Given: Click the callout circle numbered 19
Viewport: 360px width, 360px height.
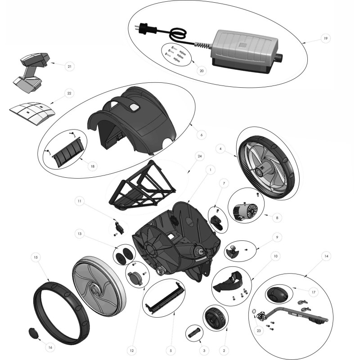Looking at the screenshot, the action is click(325, 38).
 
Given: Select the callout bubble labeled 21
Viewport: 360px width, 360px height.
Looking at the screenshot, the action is click(70, 66).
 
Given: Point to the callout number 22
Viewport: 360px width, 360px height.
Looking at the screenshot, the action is click(69, 93).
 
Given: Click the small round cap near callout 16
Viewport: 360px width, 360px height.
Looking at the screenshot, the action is click(33, 333).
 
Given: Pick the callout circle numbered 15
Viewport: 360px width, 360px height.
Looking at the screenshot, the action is click(36, 257).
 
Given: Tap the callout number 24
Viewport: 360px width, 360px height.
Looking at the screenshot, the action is click(199, 156).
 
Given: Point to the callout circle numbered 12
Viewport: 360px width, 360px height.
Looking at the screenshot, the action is click(131, 351).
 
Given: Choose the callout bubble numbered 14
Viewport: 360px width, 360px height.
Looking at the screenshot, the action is click(326, 256).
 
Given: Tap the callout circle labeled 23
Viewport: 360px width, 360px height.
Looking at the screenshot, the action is click(259, 331).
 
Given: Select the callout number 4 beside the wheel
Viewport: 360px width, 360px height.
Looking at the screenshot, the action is click(220, 149).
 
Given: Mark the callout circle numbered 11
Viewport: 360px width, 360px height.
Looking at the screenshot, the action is click(80, 201).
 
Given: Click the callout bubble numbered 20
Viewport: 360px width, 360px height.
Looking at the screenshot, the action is click(202, 71).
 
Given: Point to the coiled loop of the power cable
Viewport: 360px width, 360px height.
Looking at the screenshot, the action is click(177, 35).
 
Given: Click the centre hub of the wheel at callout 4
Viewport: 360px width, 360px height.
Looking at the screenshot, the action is click(261, 171).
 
